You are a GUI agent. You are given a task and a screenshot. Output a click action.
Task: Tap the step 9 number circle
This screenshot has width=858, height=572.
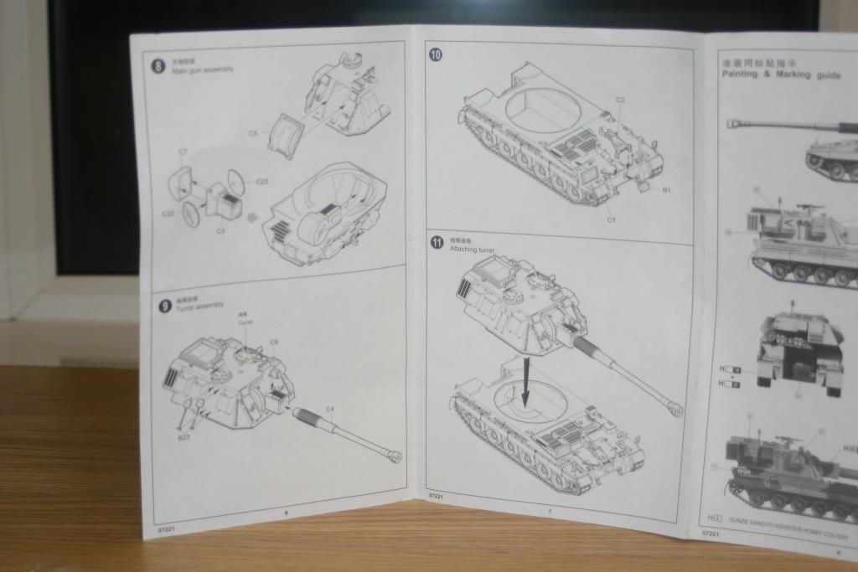[164, 306]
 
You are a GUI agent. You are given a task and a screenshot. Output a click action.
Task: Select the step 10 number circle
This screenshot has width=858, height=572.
[436, 55]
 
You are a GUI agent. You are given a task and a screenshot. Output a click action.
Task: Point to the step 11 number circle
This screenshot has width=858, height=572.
[437, 243]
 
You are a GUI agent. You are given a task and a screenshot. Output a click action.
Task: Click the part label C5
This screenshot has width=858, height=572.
[253, 133]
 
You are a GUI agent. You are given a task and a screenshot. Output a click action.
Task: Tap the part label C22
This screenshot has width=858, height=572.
[168, 214]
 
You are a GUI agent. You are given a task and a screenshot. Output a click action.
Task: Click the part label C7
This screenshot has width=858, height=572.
[183, 152]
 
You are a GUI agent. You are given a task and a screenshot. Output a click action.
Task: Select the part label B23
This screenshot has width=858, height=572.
[183, 437]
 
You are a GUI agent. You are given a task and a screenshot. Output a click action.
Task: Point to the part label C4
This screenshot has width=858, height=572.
[330, 410]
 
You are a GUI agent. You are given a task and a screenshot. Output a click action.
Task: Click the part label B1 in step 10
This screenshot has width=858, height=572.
[666, 190]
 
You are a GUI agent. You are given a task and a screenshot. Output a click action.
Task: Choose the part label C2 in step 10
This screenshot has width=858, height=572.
[620, 100]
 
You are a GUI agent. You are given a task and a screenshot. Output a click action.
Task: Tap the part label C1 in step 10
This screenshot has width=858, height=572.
[611, 219]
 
